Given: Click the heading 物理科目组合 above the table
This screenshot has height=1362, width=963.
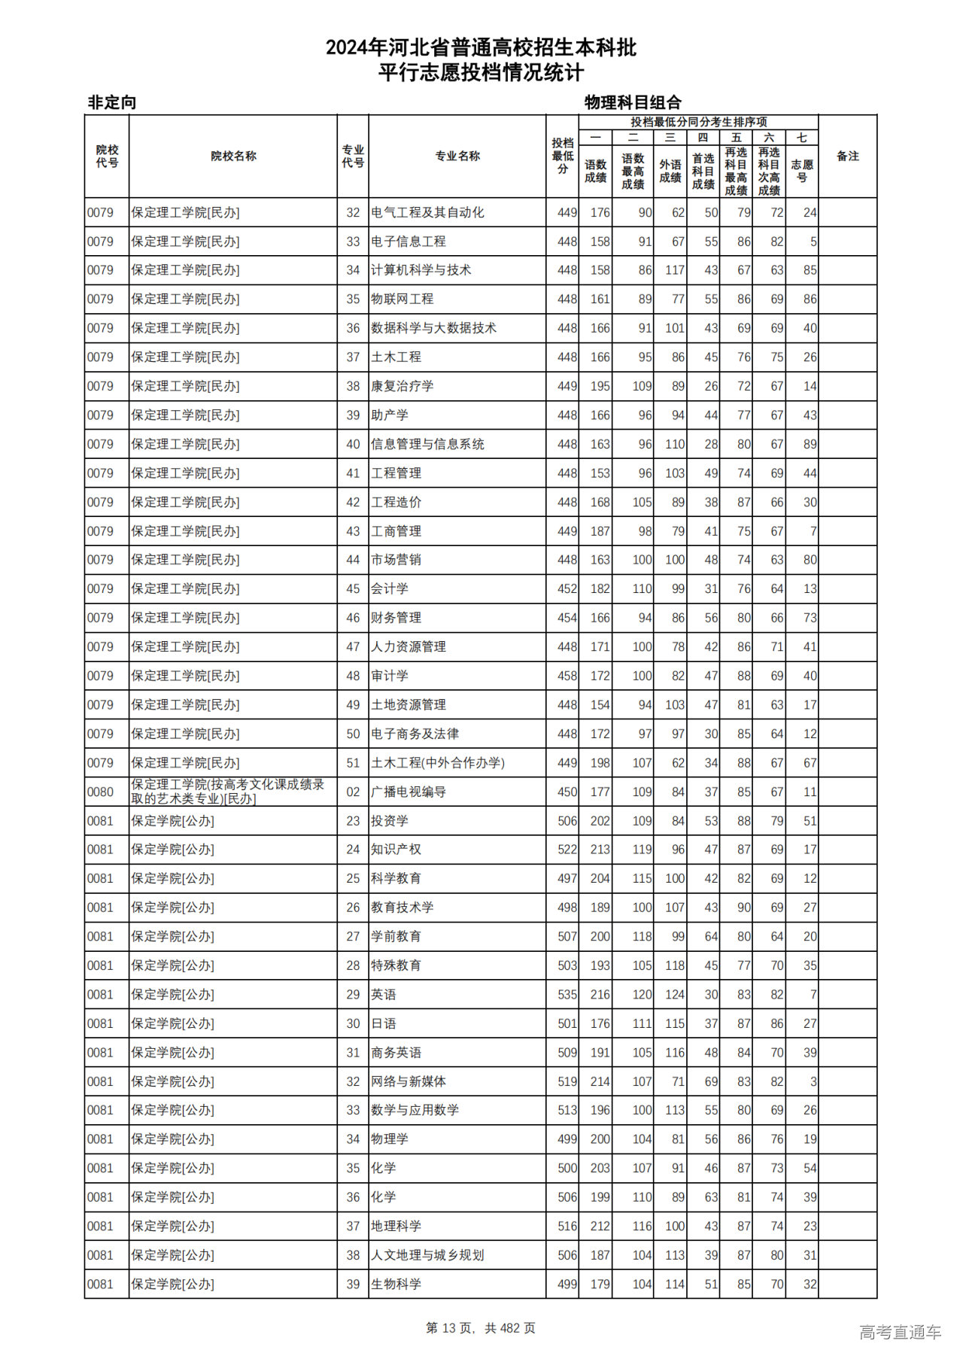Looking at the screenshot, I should [x=633, y=102].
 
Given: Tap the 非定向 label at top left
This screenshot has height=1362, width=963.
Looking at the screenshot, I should [x=112, y=102].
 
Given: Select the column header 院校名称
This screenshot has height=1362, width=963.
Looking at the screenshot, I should [x=233, y=157].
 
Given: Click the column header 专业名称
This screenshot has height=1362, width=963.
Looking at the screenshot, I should [x=457, y=157].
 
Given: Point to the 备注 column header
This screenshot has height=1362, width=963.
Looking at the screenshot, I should [x=847, y=157].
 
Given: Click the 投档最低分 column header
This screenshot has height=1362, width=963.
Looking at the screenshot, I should [x=562, y=157].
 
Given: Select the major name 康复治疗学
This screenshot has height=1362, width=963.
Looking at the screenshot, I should [x=402, y=386].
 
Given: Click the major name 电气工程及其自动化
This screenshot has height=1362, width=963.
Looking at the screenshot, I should [x=427, y=213].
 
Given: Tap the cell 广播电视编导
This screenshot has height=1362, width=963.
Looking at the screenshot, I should [x=409, y=792].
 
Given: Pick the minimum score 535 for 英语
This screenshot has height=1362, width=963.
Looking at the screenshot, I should [x=567, y=995].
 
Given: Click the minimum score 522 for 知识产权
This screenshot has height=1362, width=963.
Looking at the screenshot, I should [x=567, y=850].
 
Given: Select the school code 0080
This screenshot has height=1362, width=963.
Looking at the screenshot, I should [x=100, y=792].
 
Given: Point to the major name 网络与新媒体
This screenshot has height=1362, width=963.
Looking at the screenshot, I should [x=409, y=1081].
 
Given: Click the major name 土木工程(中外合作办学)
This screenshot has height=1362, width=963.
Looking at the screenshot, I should [x=438, y=763].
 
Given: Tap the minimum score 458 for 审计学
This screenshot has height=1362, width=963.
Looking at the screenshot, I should [x=567, y=676].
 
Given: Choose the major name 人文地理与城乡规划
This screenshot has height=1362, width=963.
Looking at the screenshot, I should [x=427, y=1255].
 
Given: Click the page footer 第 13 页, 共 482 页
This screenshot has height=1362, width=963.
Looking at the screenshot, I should [x=481, y=1328].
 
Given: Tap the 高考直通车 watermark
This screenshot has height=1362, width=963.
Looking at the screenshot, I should [x=900, y=1332].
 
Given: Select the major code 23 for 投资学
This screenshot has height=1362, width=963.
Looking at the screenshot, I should [x=353, y=821].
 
